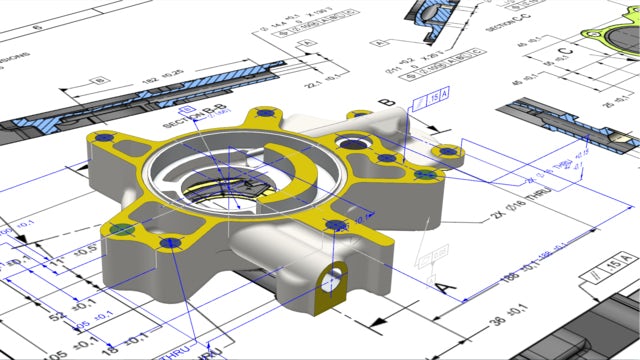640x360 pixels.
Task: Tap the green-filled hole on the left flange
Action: pyautogui.click(x=121, y=229)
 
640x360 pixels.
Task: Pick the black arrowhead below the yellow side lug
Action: pyautogui.click(x=375, y=322)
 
